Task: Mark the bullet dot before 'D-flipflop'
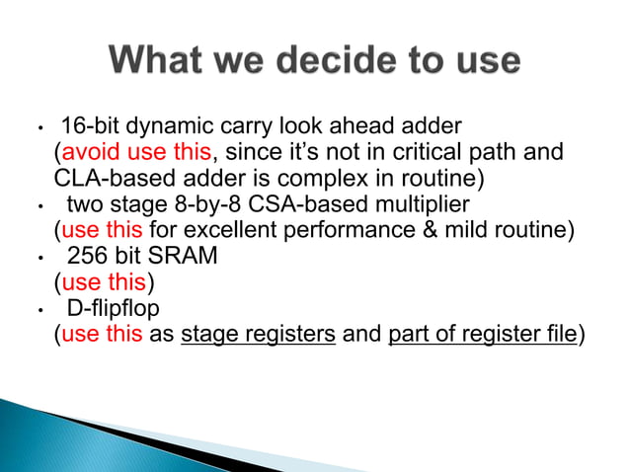[36, 310]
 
